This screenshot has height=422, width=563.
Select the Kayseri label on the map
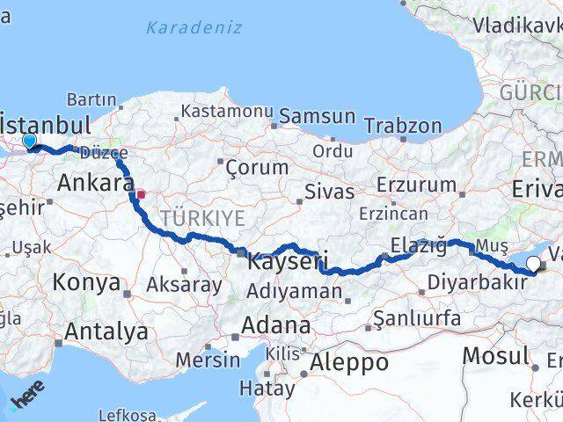289,261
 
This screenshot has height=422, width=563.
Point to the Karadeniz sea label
194,27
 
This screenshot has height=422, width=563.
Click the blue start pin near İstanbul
29,141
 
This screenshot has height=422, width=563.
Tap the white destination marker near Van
533,261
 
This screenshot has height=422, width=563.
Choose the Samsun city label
318,116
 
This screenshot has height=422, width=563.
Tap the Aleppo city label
350,362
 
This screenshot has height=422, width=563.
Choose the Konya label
86,283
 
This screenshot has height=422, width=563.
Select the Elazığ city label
419,245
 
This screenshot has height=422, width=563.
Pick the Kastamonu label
226,112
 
